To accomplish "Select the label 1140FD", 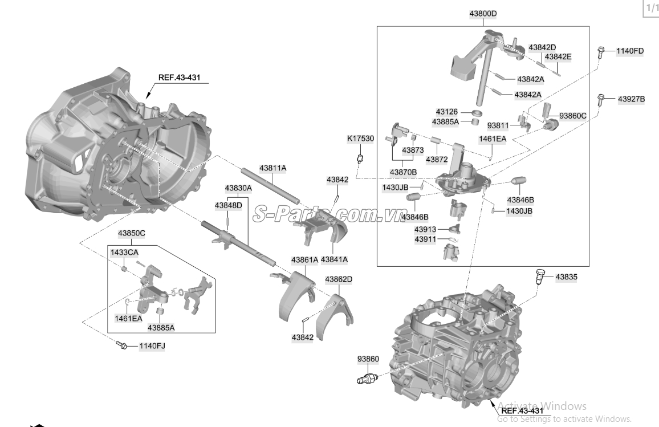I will tap(629, 51).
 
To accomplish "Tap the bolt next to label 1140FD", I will tap(602, 52).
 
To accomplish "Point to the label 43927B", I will tap(631, 99).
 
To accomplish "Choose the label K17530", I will tap(361, 139).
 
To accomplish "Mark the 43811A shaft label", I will tap(272, 168).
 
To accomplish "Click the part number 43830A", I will tap(238, 188).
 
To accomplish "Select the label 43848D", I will tap(228, 205).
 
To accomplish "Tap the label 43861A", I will tap(304, 259).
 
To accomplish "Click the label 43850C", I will tap(132, 233).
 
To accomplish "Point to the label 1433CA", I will tap(124, 251).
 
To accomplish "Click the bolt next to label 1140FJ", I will tap(121, 345).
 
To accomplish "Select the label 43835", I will tap(566, 276).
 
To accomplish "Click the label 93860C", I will tap(572, 115).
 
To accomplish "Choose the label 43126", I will tap(446, 112).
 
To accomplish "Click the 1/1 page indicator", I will tap(650, 8).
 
